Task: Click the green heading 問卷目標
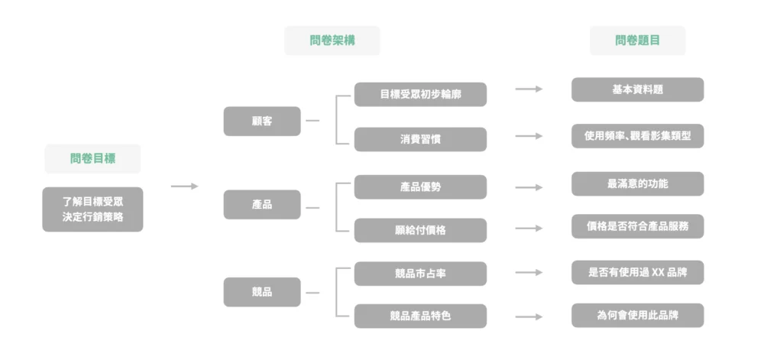(92, 158)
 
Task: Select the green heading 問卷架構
(332, 41)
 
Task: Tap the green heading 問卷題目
(637, 41)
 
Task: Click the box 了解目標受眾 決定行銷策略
(92, 209)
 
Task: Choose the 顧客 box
(262, 122)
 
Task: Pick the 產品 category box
(262, 205)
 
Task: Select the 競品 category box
(262, 292)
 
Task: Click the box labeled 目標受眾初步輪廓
(420, 94)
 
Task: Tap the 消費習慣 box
(420, 139)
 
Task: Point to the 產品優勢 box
(420, 187)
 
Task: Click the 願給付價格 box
(420, 230)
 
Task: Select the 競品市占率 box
(420, 274)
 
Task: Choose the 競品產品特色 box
(420, 316)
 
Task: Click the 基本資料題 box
(638, 89)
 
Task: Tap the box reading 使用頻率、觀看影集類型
(638, 136)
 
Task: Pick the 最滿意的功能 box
(638, 183)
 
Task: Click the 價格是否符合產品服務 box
(638, 226)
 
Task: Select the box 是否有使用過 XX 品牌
(638, 272)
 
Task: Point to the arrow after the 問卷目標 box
(185, 186)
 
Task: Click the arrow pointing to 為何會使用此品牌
(529, 316)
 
